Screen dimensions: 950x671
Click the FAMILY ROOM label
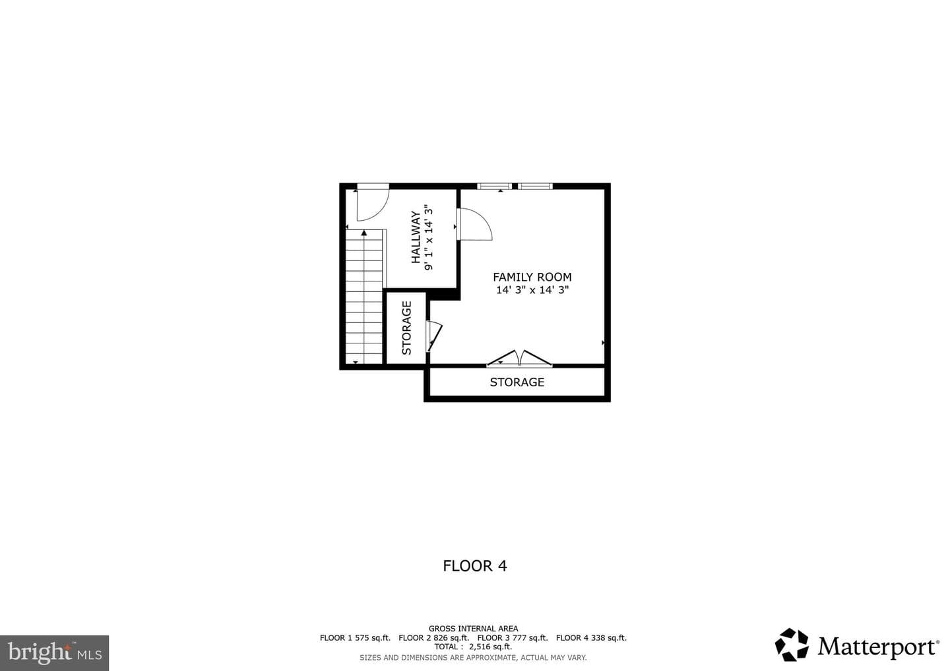pyautogui.click(x=532, y=277)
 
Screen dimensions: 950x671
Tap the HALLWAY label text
pyautogui.click(x=416, y=237)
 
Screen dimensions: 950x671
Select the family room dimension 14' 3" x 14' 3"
pyautogui.click(x=532, y=290)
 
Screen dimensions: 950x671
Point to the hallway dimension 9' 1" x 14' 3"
pyautogui.click(x=429, y=238)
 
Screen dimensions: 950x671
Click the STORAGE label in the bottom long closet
pyautogui.click(x=517, y=382)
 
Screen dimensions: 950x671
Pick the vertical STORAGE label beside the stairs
pyautogui.click(x=406, y=328)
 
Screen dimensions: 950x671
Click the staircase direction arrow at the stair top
pyautogui.click(x=364, y=233)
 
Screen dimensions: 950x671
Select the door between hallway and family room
pyautogui.click(x=474, y=224)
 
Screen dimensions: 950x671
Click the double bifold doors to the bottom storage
pyautogui.click(x=519, y=358)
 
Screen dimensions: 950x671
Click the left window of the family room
pyautogui.click(x=495, y=186)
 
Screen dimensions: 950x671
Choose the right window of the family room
pyautogui.click(x=535, y=186)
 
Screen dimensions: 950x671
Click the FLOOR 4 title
pyautogui.click(x=474, y=566)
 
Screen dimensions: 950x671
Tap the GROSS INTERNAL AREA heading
pyautogui.click(x=473, y=629)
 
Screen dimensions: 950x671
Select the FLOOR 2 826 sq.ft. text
pyautogui.click(x=434, y=637)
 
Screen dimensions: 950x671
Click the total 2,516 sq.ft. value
pyautogui.click(x=490, y=647)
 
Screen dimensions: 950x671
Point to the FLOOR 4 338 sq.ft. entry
pyautogui.click(x=591, y=637)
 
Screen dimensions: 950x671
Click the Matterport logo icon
pyautogui.click(x=792, y=645)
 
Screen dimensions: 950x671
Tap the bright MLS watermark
pyautogui.click(x=54, y=653)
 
